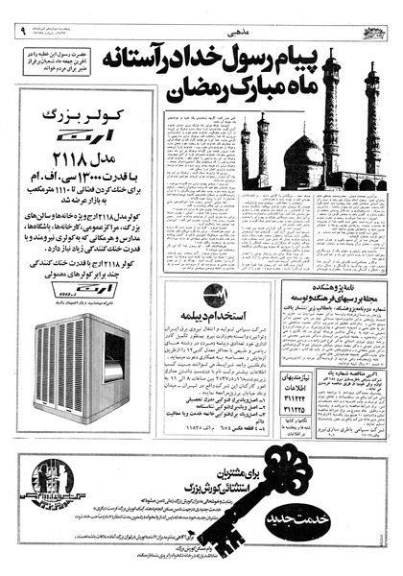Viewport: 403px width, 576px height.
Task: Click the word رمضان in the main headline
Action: [196, 92]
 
